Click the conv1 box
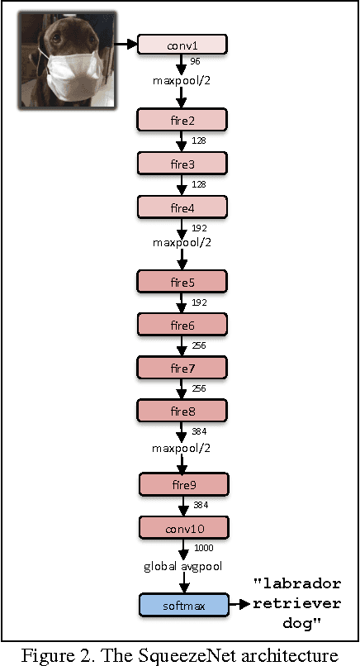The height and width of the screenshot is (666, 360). pos(182,45)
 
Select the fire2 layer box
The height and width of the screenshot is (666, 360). pos(182,121)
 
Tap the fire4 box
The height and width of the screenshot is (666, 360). pos(182,206)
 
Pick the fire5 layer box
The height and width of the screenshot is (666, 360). pos(182,283)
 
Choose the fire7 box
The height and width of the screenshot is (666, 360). pos(182,367)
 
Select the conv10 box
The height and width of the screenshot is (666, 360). pos(182,526)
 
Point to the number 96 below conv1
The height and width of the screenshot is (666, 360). pos(196,62)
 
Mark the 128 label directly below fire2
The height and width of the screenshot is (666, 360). pos(198,141)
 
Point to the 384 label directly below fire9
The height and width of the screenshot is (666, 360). pos(200,504)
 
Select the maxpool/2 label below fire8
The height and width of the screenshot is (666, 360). pos(181,448)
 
